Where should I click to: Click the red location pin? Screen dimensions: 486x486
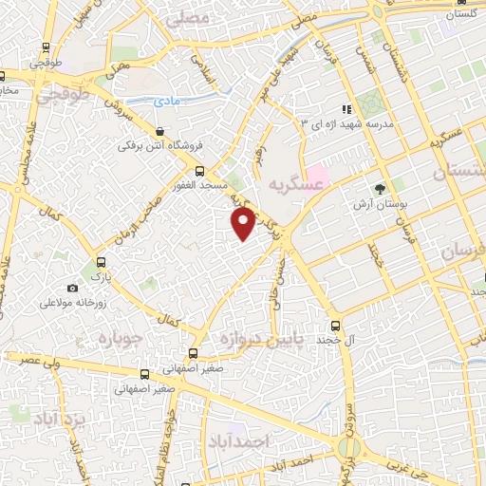coord(244,223)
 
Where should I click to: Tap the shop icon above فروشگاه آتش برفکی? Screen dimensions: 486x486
coord(159,132)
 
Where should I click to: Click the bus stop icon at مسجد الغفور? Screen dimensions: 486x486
coord(199,171)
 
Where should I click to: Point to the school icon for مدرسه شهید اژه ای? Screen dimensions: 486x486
coord(347,110)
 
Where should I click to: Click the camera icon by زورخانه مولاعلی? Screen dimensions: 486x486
coord(73,288)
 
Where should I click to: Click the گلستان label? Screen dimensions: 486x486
coord(459,14)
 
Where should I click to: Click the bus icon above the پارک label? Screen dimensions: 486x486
coord(101,263)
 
